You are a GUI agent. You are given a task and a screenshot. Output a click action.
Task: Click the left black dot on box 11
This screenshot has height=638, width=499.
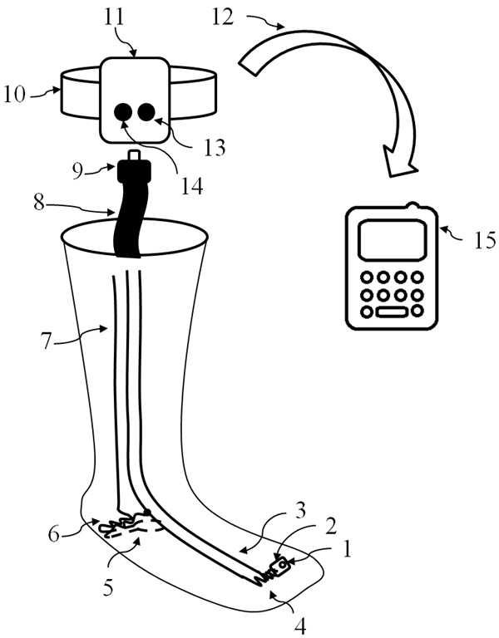pyautogui.click(x=123, y=111)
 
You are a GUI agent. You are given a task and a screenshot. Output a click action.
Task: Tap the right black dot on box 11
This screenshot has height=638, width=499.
pyautogui.click(x=147, y=111)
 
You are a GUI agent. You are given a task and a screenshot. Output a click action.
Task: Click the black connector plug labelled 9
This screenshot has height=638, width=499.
pyautogui.click(x=136, y=174)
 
